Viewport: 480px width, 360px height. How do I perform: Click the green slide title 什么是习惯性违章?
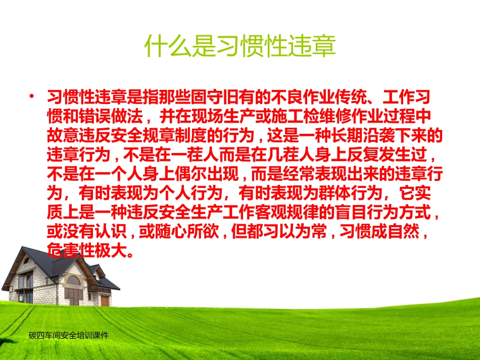[240, 46]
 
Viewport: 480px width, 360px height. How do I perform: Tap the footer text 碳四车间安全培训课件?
[69, 335]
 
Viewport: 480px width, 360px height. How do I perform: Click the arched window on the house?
[73, 280]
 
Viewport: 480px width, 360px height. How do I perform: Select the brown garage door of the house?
[105, 300]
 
